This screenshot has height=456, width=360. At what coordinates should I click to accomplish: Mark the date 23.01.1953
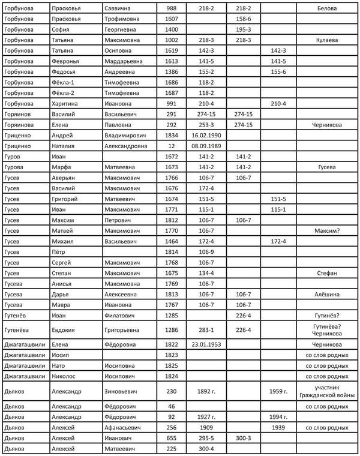[205, 344]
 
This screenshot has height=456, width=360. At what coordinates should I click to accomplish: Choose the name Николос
[66, 376]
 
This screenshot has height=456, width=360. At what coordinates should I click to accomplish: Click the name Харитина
[67, 103]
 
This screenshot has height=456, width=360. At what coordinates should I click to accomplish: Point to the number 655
[172, 438]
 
